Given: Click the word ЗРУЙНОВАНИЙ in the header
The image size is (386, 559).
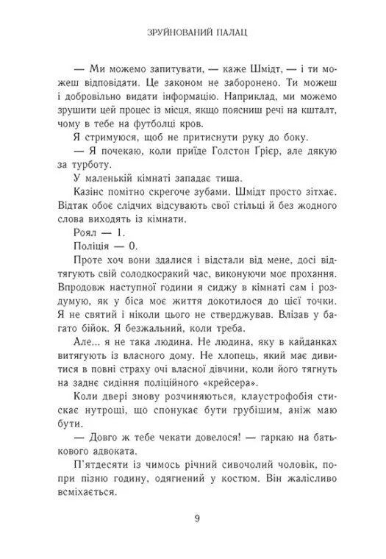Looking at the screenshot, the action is (x=175, y=32).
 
